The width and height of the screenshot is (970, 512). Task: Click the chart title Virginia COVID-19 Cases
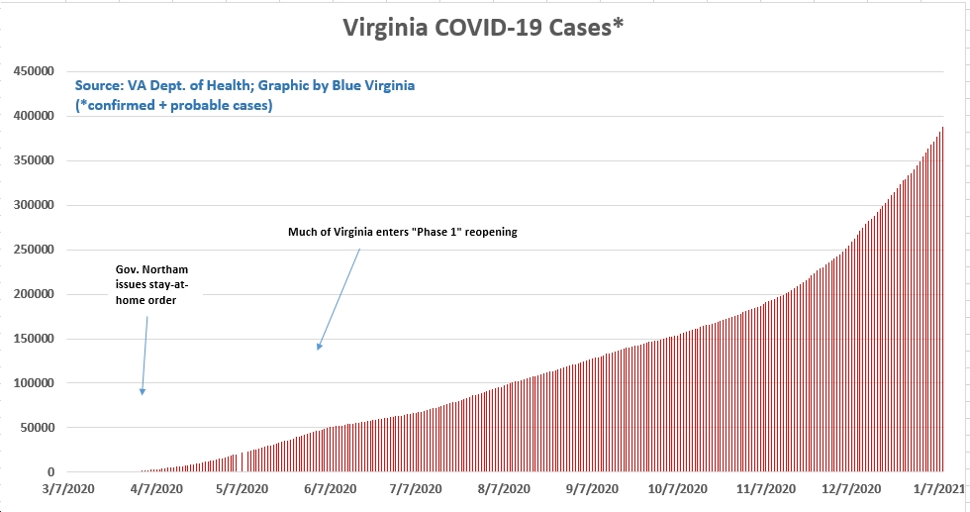click(x=483, y=29)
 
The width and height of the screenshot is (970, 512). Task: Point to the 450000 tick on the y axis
click(x=33, y=71)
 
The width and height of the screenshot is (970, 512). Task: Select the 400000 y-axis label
click(x=33, y=116)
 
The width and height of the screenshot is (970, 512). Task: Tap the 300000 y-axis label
click(x=33, y=205)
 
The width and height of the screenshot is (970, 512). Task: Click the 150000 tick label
click(x=33, y=339)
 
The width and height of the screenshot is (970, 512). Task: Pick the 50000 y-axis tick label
click(x=36, y=428)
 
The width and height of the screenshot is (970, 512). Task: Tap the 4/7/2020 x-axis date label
click(x=153, y=489)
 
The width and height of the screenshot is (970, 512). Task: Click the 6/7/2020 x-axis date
click(x=329, y=489)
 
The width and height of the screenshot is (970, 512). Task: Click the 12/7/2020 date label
click(x=852, y=489)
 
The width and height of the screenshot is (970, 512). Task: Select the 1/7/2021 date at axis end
click(x=938, y=489)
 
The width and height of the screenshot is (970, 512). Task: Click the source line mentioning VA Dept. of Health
click(x=244, y=86)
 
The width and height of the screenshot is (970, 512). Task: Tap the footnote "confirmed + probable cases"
click(x=174, y=105)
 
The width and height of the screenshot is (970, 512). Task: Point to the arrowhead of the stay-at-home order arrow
click(x=142, y=393)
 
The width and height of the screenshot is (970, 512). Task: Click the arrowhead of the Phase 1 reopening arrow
click(x=318, y=348)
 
